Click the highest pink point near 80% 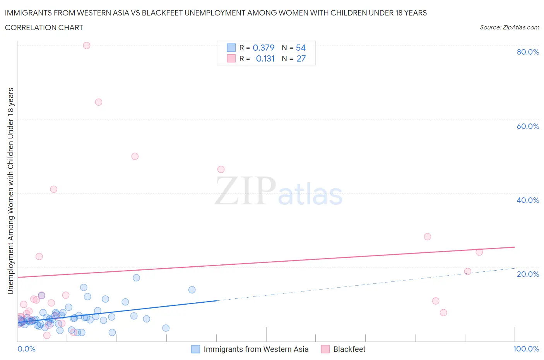point(87,45)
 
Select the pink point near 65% point(99,102)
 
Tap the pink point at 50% point(135,156)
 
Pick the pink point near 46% point(221,169)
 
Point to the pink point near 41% point(54,189)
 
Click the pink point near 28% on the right point(428,237)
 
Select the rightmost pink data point point(479,252)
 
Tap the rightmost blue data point point(192,290)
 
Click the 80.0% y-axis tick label point(528,52)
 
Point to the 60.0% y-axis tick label point(528,126)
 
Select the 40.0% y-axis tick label point(528,200)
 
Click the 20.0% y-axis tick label point(528,274)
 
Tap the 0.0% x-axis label point(26,349)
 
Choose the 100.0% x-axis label point(526,349)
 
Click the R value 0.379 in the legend point(263,48)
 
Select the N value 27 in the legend point(301,58)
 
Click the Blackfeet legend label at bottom point(349,349)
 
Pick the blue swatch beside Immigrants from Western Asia point(196,349)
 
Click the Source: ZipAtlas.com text point(509,27)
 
